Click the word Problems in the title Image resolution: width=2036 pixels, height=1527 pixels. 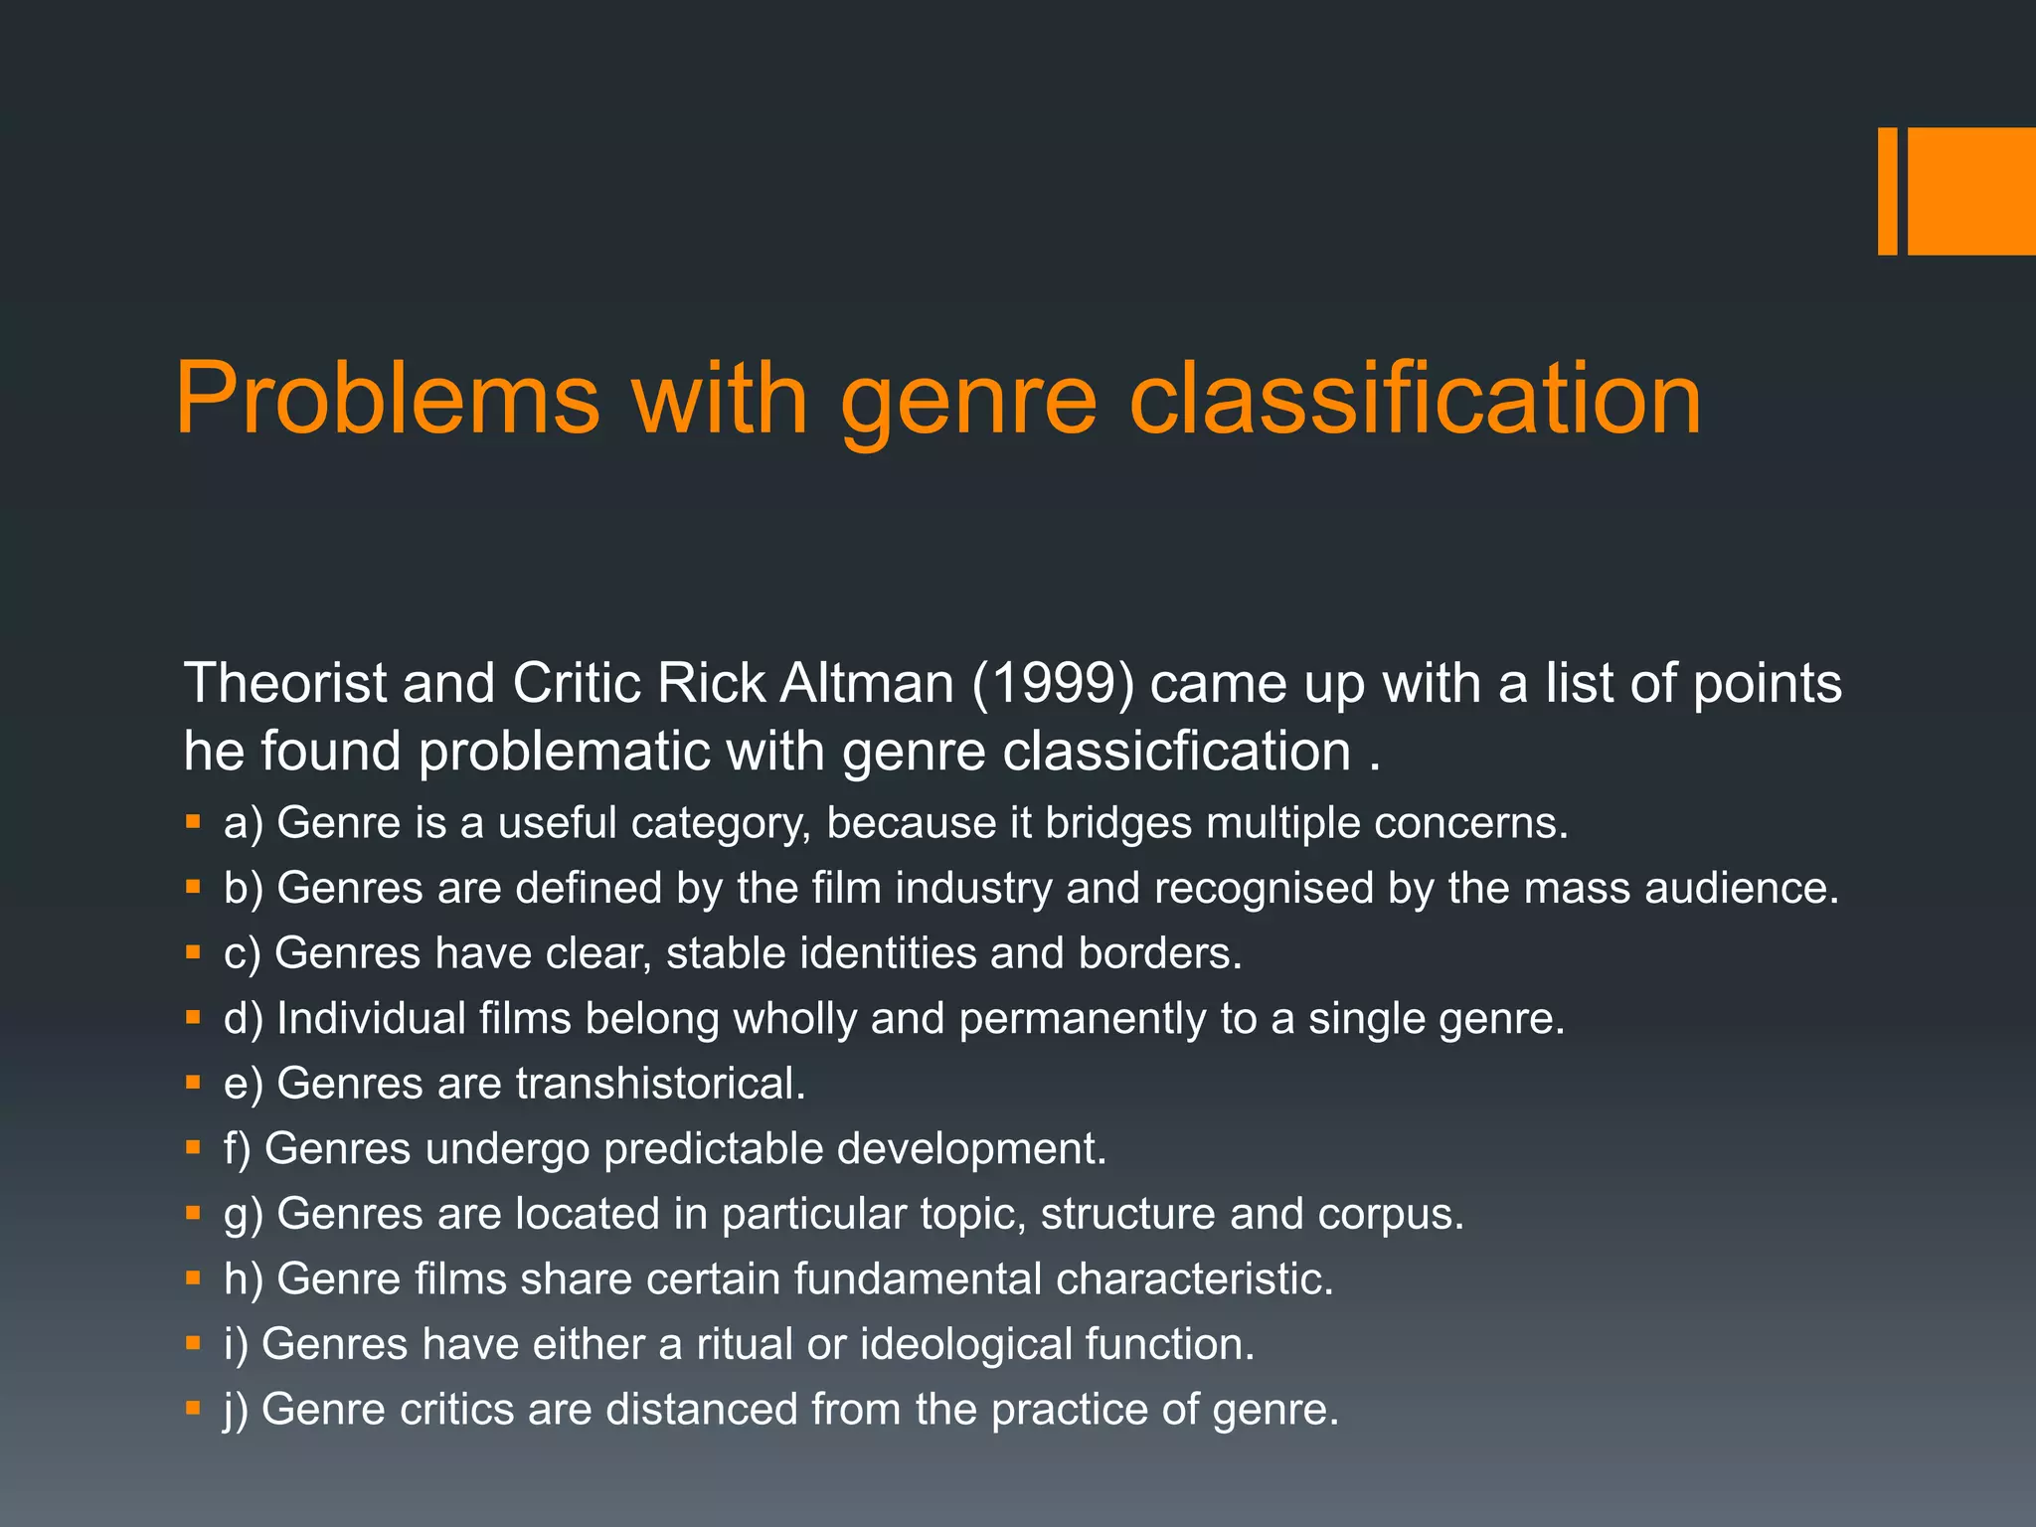point(388,400)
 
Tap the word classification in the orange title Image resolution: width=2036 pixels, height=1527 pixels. point(1416,400)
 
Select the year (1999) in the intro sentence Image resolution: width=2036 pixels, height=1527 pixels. point(1053,685)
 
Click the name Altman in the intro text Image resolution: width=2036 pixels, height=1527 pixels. point(867,685)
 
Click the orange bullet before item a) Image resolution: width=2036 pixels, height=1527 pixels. point(193,822)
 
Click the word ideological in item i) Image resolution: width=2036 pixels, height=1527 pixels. point(965,1345)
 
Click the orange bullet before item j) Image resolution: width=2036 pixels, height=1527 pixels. point(193,1409)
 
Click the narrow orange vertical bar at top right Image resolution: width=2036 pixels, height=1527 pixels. point(1887,191)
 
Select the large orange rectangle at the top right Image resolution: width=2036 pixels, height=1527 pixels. point(1971,191)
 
